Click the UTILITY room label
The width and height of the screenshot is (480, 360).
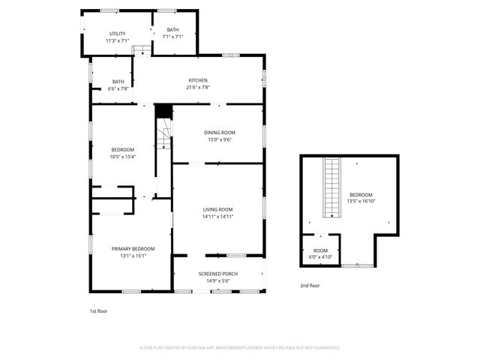(x=118, y=34)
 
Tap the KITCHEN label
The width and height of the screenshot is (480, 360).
(x=198, y=80)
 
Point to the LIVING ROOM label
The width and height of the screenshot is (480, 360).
(x=217, y=209)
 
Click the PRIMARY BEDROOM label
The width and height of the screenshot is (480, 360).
(x=133, y=249)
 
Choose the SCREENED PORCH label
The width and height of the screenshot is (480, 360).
(x=218, y=274)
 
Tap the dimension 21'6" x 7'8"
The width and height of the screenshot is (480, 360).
(x=198, y=87)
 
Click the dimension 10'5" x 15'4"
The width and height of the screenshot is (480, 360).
(x=122, y=157)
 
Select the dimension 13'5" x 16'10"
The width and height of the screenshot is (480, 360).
(x=361, y=201)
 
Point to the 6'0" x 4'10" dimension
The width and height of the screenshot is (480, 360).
(x=321, y=257)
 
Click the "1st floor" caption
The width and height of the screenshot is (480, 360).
(x=98, y=310)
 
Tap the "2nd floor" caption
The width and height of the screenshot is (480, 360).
(x=310, y=286)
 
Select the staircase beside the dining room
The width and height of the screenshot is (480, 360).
(x=163, y=139)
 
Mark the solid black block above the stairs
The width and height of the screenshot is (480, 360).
(x=163, y=111)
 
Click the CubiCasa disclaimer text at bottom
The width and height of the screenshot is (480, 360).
(x=240, y=348)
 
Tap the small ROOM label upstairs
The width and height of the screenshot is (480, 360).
(x=321, y=250)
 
